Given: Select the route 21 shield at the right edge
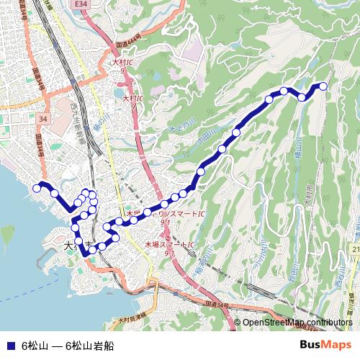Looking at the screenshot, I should (356, 248).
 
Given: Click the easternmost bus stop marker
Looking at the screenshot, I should (323, 86).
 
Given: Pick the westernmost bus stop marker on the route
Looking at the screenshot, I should (37, 189).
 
